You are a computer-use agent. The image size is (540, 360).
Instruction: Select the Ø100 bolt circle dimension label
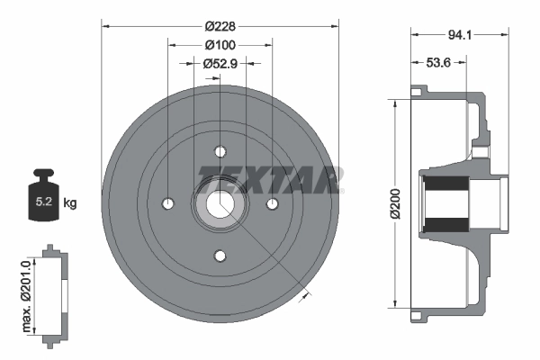(x=220, y=44)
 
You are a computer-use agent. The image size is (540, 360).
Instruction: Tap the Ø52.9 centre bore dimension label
(x=220, y=63)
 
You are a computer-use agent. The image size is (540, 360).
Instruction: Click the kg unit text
(x=69, y=203)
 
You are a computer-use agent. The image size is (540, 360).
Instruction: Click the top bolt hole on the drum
(x=220, y=151)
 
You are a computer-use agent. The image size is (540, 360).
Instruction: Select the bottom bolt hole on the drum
(x=220, y=256)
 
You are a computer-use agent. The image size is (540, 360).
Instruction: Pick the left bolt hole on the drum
(x=167, y=203)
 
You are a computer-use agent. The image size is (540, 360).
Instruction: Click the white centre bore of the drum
(x=220, y=203)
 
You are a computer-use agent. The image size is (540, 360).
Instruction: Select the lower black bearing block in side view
(x=445, y=224)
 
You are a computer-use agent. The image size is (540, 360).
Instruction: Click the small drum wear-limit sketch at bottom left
(x=55, y=292)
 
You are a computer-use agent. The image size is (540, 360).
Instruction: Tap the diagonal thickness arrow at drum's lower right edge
(x=309, y=292)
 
